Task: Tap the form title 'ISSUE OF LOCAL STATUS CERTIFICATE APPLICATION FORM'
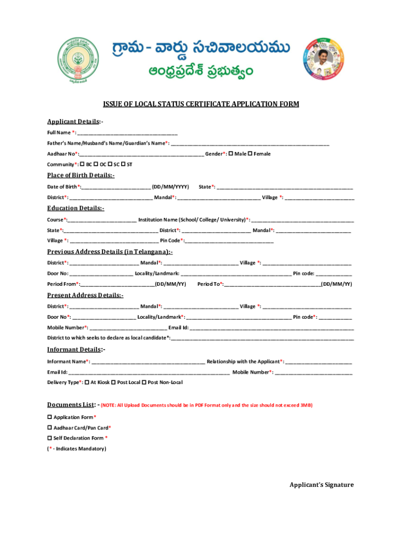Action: coord(201,104)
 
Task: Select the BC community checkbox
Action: coord(83,164)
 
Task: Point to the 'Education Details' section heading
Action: coord(76,208)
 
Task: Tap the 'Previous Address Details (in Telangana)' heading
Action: coord(110,252)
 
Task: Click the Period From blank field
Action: coord(117,285)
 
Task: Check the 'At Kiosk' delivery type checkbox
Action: coord(87,382)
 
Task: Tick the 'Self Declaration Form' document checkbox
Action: coord(50,438)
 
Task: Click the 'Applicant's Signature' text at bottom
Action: coord(322,485)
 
